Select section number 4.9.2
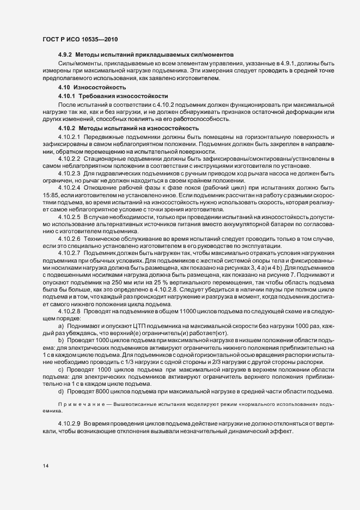tap(65, 56)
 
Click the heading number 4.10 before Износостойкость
tap(64, 87)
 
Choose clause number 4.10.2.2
tap(69, 158)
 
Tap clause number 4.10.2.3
tap(69, 173)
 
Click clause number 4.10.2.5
tap(69, 217)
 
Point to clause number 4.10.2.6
tap(69, 239)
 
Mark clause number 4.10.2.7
tap(69, 254)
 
